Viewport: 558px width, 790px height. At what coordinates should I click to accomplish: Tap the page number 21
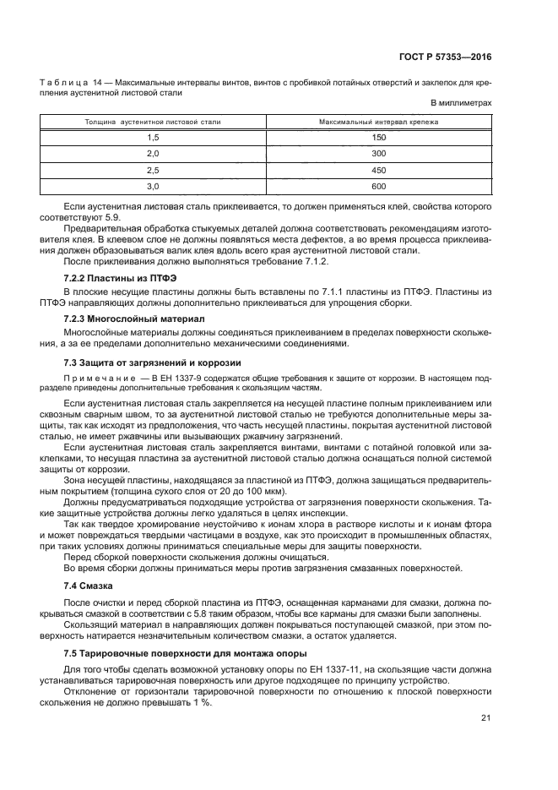485,718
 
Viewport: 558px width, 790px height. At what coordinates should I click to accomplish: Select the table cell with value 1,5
153,137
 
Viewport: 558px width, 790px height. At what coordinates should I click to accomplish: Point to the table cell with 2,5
153,169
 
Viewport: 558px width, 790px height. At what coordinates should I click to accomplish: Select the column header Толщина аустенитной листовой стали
153,122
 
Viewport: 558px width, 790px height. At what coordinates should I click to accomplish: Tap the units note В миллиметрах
461,103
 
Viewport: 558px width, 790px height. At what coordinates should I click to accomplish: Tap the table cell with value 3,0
153,185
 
